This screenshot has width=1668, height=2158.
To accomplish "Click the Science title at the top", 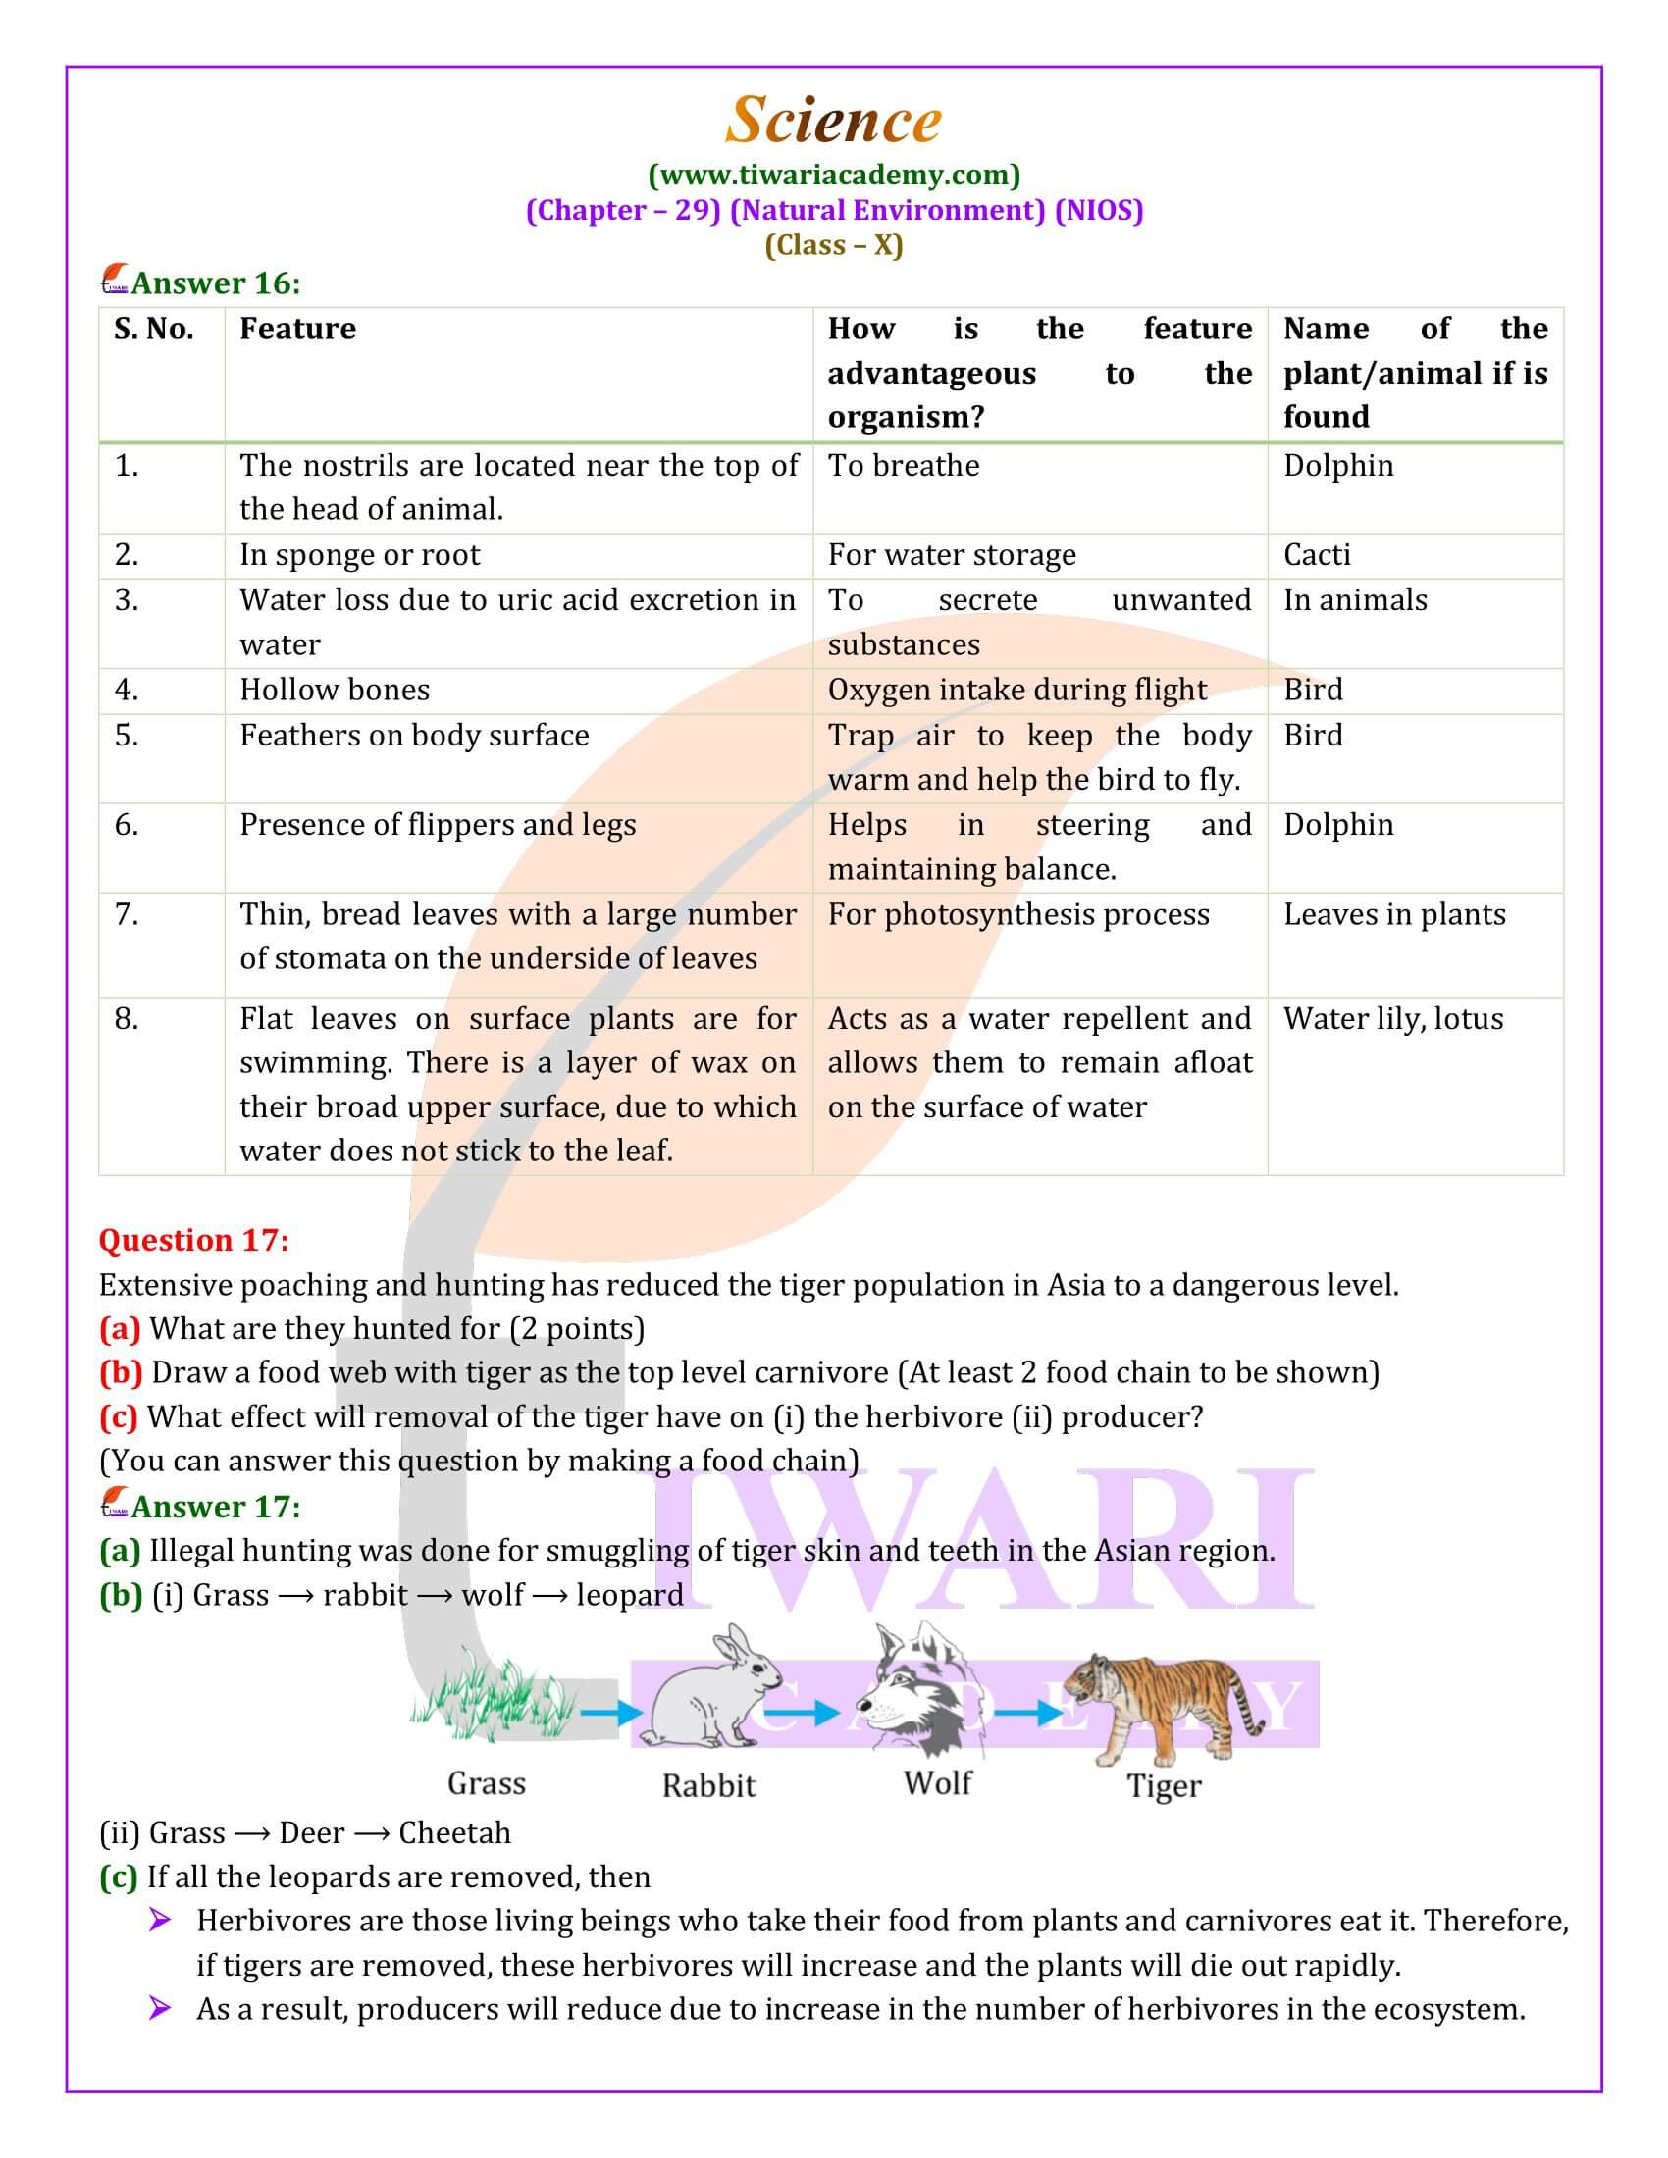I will [833, 121].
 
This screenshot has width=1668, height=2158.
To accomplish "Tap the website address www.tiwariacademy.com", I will [834, 175].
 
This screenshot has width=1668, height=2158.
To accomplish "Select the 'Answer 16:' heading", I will [216, 283].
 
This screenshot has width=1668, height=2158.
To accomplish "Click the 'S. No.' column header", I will [153, 329].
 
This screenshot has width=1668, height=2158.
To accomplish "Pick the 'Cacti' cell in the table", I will [1316, 555].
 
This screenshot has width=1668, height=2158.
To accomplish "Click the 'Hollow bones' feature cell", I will [334, 690].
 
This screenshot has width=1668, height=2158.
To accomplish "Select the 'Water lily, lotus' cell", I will [1392, 1019].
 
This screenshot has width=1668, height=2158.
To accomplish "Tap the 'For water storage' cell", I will [951, 555].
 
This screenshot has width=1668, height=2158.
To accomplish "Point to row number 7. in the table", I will [127, 914].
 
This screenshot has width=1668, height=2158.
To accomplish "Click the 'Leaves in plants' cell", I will [1394, 914].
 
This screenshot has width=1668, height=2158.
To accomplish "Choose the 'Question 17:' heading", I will [193, 1240].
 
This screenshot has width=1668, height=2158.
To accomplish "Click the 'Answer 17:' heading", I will [216, 1506].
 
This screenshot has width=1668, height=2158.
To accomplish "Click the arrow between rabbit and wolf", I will [802, 1712].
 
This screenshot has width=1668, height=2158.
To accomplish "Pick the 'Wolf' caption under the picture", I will [937, 1782].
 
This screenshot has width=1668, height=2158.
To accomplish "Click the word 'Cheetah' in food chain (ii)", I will [454, 1833].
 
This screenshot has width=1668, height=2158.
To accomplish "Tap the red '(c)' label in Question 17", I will [118, 1417].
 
